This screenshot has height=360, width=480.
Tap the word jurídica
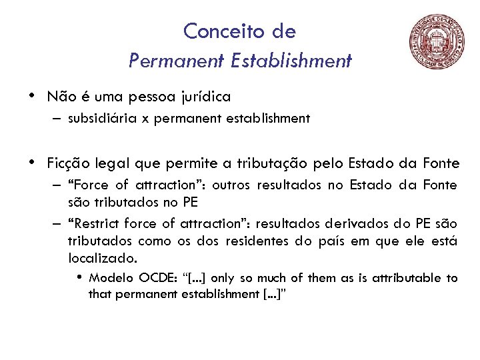point(206,97)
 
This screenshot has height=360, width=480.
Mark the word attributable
point(404,278)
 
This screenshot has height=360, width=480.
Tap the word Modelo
point(112,278)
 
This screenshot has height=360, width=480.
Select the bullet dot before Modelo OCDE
point(80,277)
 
